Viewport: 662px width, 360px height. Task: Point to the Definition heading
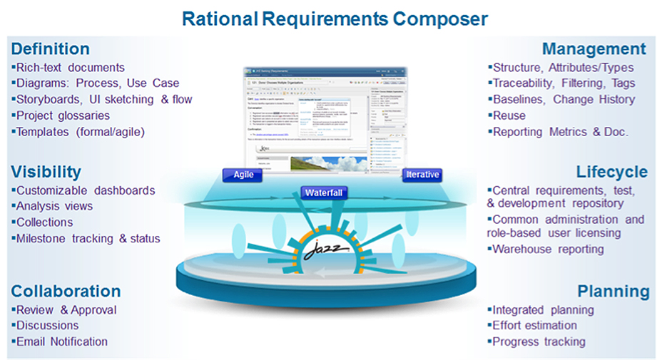[50, 48]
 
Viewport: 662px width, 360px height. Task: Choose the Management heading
[594, 48]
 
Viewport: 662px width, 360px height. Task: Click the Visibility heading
[46, 172]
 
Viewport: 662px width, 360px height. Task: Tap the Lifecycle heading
[611, 172]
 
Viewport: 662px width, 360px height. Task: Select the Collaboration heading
[66, 291]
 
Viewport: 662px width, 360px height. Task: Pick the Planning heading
[613, 291]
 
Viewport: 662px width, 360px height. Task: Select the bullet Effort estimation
[534, 326]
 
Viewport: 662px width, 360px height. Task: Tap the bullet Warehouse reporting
[548, 249]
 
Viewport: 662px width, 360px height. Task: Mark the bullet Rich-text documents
[69, 68]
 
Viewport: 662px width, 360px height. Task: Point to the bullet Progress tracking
[539, 341]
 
